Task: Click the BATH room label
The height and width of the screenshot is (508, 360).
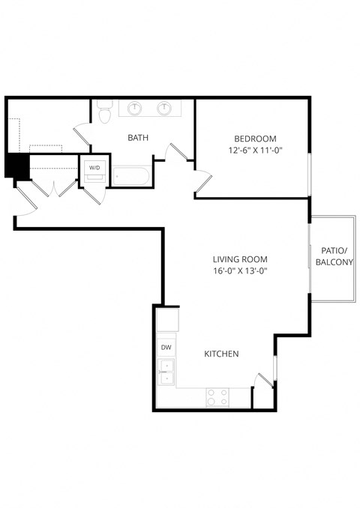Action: pos(137,137)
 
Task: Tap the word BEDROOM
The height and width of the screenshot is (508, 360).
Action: pos(255,139)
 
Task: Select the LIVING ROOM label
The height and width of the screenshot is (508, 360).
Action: pos(240,259)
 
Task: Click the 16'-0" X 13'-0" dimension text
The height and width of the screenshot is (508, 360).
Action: pos(240,271)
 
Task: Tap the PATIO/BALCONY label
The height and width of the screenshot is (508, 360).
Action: pos(334,256)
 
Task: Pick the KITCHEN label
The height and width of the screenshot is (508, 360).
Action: pos(221,354)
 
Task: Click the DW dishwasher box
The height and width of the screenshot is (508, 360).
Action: pos(165,348)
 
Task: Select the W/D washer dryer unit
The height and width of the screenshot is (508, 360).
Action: pos(94,168)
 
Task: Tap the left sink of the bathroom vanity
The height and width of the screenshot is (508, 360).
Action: pos(135,109)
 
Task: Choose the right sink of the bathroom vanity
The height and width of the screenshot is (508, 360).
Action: pos(163,109)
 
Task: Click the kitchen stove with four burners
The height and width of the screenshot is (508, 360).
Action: pos(217,396)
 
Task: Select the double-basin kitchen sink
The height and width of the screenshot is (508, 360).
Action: pos(165,371)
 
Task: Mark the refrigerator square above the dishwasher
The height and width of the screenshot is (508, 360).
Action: pos(167,320)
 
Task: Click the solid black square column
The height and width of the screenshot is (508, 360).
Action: pos(16,166)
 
